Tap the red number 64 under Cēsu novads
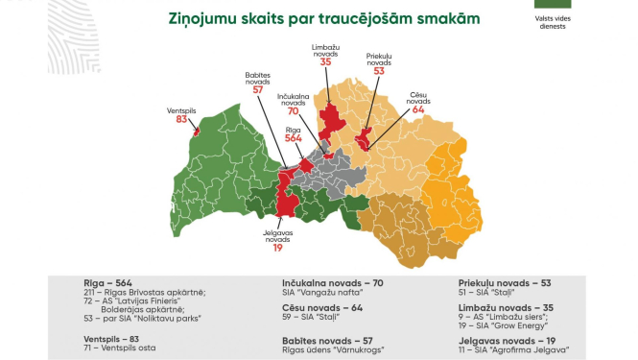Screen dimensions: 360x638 (x=416, y=110)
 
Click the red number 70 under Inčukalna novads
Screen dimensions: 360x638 (x=295, y=111)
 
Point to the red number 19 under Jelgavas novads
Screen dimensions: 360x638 (x=278, y=248)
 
